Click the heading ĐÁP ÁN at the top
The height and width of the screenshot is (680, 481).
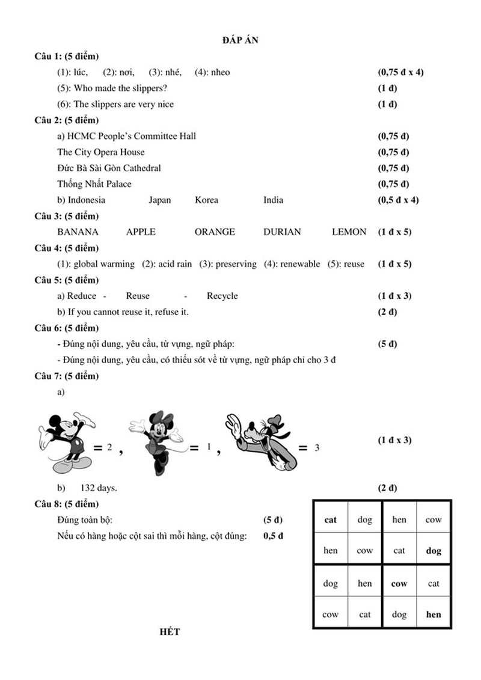[240, 40]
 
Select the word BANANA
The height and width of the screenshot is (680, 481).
[78, 231]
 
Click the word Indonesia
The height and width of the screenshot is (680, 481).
[86, 200]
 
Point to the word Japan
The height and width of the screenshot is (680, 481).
[159, 200]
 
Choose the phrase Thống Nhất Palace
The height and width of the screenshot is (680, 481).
[94, 183]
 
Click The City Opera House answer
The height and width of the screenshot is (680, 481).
[101, 152]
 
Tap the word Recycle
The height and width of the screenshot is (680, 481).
[222, 295]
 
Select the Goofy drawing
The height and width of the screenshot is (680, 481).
[262, 441]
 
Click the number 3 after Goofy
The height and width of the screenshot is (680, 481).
[317, 448]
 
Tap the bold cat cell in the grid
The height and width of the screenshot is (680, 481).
[331, 519]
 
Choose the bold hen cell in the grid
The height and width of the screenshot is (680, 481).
[433, 614]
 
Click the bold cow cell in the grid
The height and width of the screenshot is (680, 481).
[399, 583]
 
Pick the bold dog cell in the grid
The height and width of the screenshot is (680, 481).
[433, 550]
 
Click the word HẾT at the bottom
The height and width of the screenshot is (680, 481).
[170, 632]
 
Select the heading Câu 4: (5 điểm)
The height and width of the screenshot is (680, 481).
[67, 248]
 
